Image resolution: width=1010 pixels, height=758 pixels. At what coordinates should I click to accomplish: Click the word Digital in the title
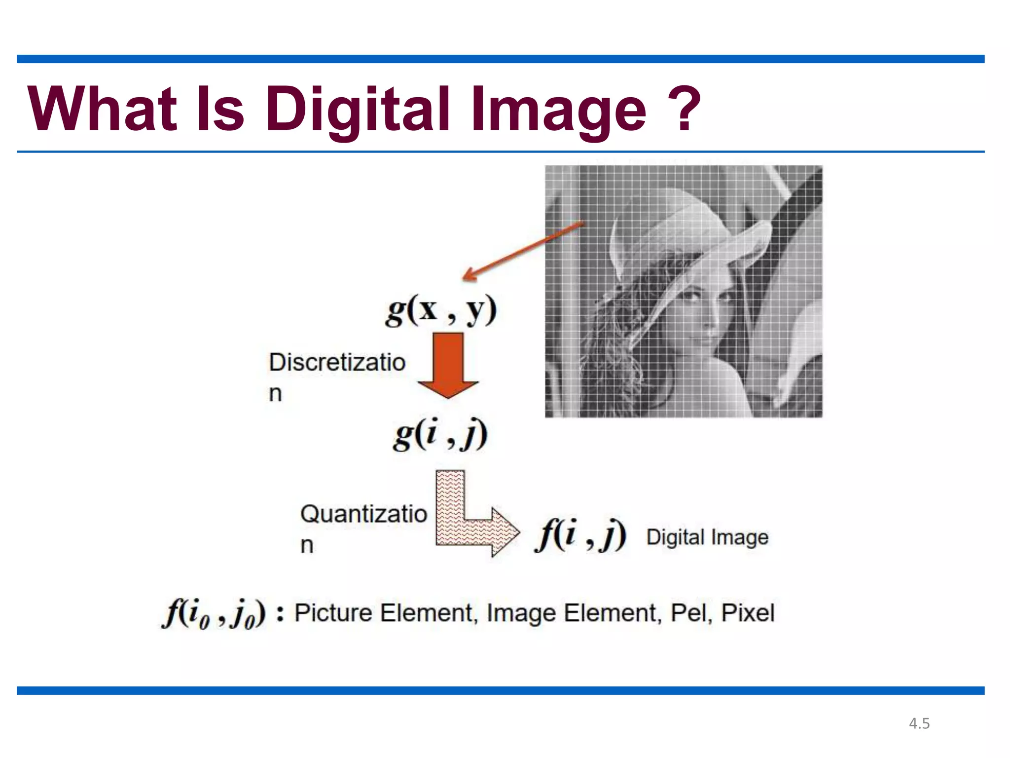(x=358, y=110)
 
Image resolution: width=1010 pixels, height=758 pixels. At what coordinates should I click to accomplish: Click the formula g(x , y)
(x=441, y=311)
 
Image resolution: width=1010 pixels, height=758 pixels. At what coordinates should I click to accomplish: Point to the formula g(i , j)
(x=440, y=434)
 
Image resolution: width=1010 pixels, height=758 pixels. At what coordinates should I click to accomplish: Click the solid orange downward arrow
(x=448, y=365)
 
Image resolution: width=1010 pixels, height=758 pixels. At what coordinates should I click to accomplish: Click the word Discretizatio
(x=337, y=363)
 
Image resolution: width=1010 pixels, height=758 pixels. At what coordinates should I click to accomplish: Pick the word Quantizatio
(x=363, y=514)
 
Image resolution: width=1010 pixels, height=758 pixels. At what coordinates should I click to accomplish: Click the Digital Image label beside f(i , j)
(x=707, y=537)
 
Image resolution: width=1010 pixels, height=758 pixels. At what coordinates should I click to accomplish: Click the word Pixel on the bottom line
(x=748, y=613)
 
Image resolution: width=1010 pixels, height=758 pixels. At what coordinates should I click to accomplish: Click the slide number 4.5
(x=919, y=723)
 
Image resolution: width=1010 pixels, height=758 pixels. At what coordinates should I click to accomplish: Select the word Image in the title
(x=558, y=110)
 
